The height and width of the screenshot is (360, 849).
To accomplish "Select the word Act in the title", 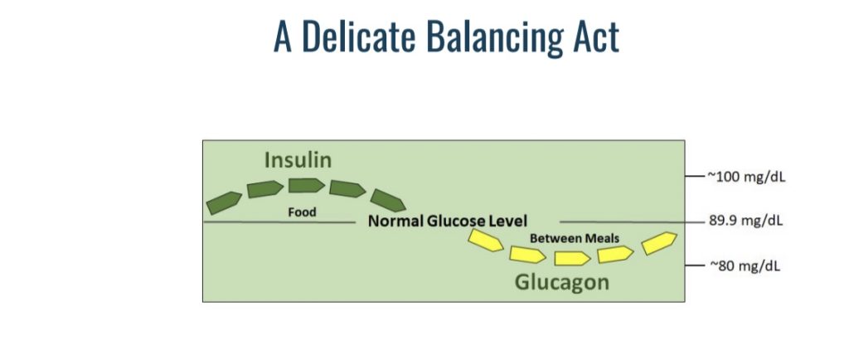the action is (600, 36).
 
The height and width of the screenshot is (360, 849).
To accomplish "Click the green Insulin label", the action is (298, 160).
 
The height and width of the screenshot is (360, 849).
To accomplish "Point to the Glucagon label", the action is (561, 283).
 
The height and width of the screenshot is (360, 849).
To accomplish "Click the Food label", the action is (302, 212).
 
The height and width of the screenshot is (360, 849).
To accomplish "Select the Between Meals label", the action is (575, 238).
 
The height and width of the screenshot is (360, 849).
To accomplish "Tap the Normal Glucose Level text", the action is (447, 221).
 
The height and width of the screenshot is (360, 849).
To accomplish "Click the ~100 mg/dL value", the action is (745, 178).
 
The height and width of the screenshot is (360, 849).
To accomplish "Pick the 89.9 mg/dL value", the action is (745, 221).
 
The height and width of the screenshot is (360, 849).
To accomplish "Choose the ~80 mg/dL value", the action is (745, 266).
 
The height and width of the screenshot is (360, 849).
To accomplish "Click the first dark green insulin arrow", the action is (224, 202).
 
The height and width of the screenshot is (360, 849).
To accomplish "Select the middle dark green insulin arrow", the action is (307, 186).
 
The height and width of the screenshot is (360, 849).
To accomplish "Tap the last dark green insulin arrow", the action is (388, 200).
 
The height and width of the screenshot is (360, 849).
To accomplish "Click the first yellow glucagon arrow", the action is (486, 241).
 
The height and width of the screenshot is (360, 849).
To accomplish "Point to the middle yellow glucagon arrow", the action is (572, 259).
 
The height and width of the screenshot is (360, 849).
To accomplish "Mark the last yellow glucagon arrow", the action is (659, 243).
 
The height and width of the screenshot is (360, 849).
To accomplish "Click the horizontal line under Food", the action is (279, 222).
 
